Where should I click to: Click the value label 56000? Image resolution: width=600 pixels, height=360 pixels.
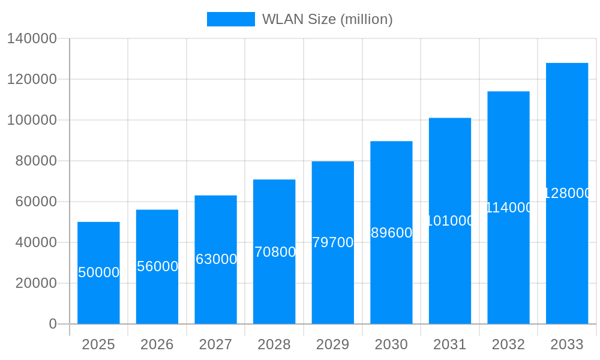[x=157, y=266]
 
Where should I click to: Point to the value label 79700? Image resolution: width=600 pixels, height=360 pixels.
[x=333, y=242]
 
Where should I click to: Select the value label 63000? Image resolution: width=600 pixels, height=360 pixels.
[x=216, y=259]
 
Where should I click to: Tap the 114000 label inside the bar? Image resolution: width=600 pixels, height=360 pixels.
[x=509, y=208]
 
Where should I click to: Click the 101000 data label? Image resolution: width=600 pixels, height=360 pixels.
[x=450, y=221]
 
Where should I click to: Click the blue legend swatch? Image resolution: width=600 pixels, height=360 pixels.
[x=230, y=19]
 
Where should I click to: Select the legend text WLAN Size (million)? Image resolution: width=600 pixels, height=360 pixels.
[x=327, y=19]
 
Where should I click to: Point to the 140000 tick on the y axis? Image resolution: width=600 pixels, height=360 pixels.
[x=32, y=39]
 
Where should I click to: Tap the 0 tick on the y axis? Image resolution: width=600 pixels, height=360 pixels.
[x=53, y=324]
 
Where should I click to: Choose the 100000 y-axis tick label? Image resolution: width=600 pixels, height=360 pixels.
[x=32, y=120]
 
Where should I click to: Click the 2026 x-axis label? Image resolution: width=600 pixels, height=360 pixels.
[x=157, y=344]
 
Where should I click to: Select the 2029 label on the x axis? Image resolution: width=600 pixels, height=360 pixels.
[x=333, y=344]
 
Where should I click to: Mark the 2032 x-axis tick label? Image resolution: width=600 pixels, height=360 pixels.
[x=509, y=344]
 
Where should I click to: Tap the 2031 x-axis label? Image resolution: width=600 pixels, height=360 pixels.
[x=450, y=344]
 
